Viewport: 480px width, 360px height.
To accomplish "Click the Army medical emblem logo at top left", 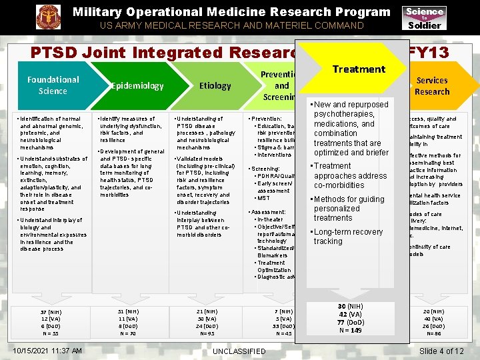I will pos(47,17).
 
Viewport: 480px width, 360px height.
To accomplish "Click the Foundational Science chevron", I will pos(53,85).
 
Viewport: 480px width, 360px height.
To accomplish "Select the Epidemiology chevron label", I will pos(137,86).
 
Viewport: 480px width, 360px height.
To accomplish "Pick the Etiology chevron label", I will pos(215,86).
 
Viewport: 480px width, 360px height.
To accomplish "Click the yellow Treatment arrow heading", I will pos(359,69).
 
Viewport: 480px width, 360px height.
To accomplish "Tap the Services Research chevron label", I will pos(431,86).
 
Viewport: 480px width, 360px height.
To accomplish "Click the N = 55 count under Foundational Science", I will pos(51,333).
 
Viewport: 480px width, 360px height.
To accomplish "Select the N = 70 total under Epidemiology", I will pos(128,333).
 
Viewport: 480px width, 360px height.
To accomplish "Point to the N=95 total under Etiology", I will pos(207,333).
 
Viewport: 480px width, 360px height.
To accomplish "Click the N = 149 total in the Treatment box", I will pos(351,329).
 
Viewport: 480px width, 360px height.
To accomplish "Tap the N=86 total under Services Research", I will pos(434,333).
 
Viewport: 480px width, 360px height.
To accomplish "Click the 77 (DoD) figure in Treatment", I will pos(351,322).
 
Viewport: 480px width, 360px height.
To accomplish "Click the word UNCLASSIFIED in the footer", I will pos(238,351).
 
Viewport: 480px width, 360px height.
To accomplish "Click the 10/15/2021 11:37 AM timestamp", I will pos(48,351).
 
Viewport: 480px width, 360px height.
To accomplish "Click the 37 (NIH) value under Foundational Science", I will pos(51,311).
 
